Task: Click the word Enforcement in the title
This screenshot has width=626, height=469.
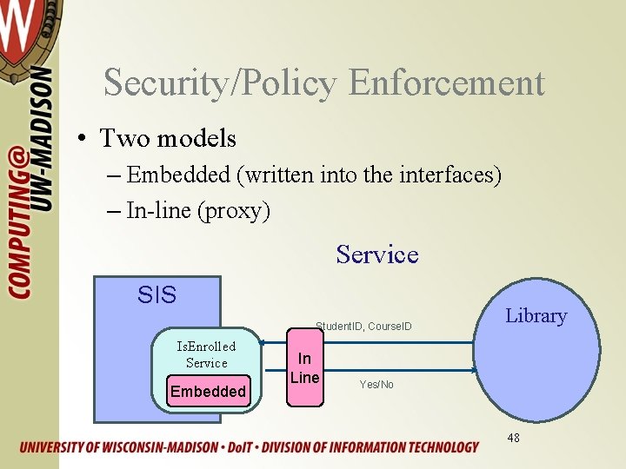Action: pos(446,83)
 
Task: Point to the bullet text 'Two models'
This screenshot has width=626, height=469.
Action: pos(168,138)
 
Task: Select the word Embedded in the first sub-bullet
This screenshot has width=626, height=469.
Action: pos(178,175)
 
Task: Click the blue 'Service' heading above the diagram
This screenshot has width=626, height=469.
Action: pos(376,254)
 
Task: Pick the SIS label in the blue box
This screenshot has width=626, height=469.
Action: pos(156,295)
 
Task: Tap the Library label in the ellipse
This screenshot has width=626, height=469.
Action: pos(536,316)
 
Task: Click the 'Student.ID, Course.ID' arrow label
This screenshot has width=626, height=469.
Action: pos(363,327)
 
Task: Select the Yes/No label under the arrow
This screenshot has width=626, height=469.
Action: pos(376,384)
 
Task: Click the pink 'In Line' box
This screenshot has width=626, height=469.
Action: pos(304,368)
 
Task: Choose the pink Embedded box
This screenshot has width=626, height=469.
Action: pos(208,392)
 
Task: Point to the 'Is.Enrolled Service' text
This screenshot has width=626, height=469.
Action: pos(206,354)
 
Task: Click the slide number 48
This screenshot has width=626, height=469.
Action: pos(513,438)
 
